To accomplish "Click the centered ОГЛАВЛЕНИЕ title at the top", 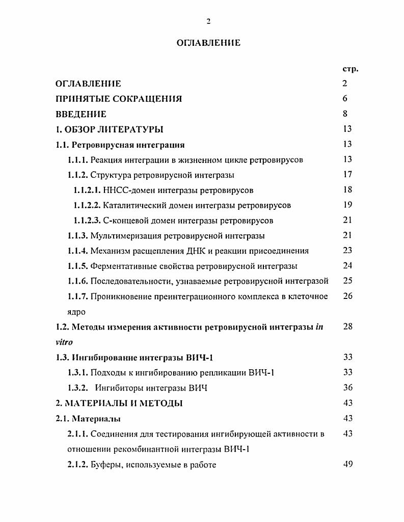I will [208, 43].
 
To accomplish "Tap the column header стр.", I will [351, 69].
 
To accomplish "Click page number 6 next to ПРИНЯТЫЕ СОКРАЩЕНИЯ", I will [345, 99].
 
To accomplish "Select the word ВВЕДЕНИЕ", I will [81, 114].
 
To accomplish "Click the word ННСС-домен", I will [124, 190].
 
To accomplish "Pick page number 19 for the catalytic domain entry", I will [347, 205].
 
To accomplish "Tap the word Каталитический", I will [133, 205].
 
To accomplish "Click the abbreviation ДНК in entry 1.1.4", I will [228, 251].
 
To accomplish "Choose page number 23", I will [347, 251].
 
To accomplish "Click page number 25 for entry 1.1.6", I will [347, 281].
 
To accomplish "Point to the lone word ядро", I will [76, 312].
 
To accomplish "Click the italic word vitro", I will [64, 342].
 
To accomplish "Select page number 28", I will [347, 326].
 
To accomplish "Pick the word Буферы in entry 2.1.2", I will [106, 464].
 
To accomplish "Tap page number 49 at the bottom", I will [348, 464].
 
